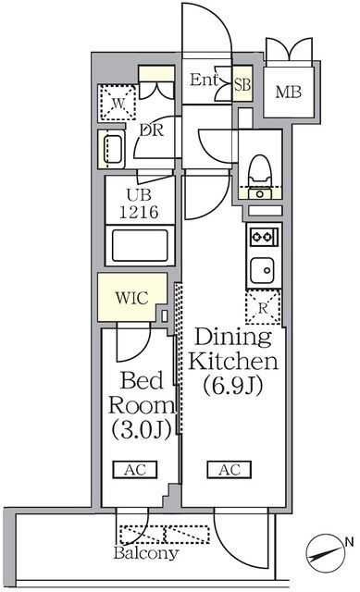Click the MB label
click(x=288, y=92)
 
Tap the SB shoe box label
click(x=242, y=84)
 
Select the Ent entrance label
click(x=204, y=80)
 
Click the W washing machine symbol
click(x=118, y=103)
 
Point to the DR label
click(x=152, y=130)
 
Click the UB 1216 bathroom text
click(x=139, y=203)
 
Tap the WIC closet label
click(x=131, y=298)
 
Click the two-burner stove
click(x=264, y=237)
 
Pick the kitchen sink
click(x=262, y=270)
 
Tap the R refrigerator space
click(x=263, y=307)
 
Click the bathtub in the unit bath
click(x=140, y=245)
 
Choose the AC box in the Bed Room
click(x=135, y=470)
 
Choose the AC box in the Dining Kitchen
click(x=230, y=470)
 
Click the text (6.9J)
click(x=232, y=386)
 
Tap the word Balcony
click(x=146, y=553)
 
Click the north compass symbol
click(x=326, y=553)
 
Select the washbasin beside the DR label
click(x=112, y=149)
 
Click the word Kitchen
click(x=233, y=362)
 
